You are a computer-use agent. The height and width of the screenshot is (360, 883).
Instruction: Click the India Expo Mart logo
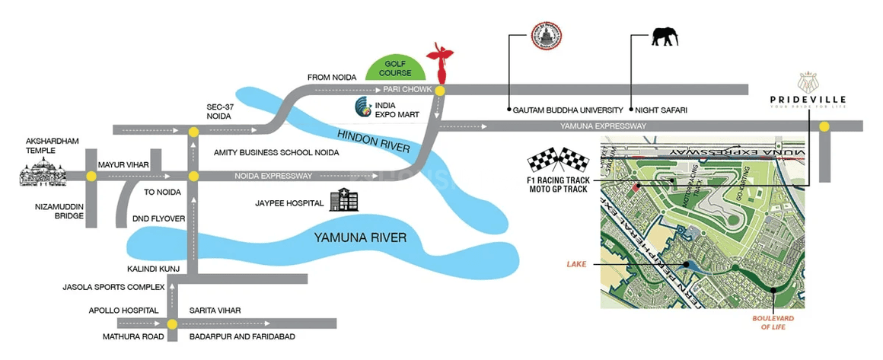pos(362,104)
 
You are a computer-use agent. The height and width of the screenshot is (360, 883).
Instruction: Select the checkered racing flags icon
pos(559,161)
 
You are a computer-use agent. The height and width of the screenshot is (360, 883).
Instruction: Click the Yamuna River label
pos(360,237)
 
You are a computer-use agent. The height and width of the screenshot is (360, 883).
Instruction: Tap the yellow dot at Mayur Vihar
pos(91,177)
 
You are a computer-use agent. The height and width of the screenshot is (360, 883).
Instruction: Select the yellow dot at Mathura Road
pos(173,324)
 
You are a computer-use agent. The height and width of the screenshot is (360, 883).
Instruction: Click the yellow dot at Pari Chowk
pos(440,90)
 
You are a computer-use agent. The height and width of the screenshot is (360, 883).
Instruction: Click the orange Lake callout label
pos(575,264)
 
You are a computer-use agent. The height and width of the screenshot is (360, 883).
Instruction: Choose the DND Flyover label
pos(158,219)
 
